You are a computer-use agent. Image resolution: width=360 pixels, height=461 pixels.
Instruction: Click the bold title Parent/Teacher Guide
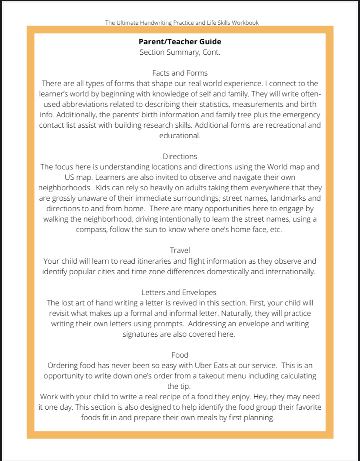coord(180,42)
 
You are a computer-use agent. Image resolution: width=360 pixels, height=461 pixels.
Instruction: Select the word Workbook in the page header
coord(245,22)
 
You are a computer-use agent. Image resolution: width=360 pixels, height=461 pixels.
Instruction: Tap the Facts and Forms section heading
coord(180,73)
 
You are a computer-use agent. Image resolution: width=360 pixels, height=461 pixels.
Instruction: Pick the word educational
coord(180,135)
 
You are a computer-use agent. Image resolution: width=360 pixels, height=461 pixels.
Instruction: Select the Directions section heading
coord(180,156)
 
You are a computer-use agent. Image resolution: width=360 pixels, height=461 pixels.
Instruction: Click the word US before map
coord(70,177)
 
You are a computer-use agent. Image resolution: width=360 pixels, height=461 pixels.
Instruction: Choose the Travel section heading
coord(180,250)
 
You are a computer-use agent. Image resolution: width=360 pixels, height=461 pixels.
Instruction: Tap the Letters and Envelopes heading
coord(179,292)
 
